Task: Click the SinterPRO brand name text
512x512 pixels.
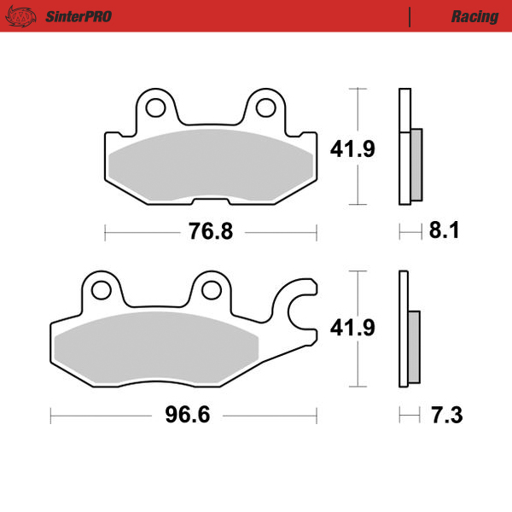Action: coord(76,16)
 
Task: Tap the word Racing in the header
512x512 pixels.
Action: coord(474,16)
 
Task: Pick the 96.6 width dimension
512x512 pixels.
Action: coord(186,416)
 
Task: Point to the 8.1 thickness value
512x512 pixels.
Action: coord(444,231)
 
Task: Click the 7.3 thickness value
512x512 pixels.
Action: coord(445,416)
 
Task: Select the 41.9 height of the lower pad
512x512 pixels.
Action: coord(352,328)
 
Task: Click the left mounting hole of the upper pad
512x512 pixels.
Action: coord(155,108)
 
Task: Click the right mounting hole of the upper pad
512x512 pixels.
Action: coord(266,108)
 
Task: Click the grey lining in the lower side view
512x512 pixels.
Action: coord(416,346)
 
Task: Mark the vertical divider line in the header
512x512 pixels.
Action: coord(410,16)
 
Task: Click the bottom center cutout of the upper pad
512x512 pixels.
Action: coord(211,201)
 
